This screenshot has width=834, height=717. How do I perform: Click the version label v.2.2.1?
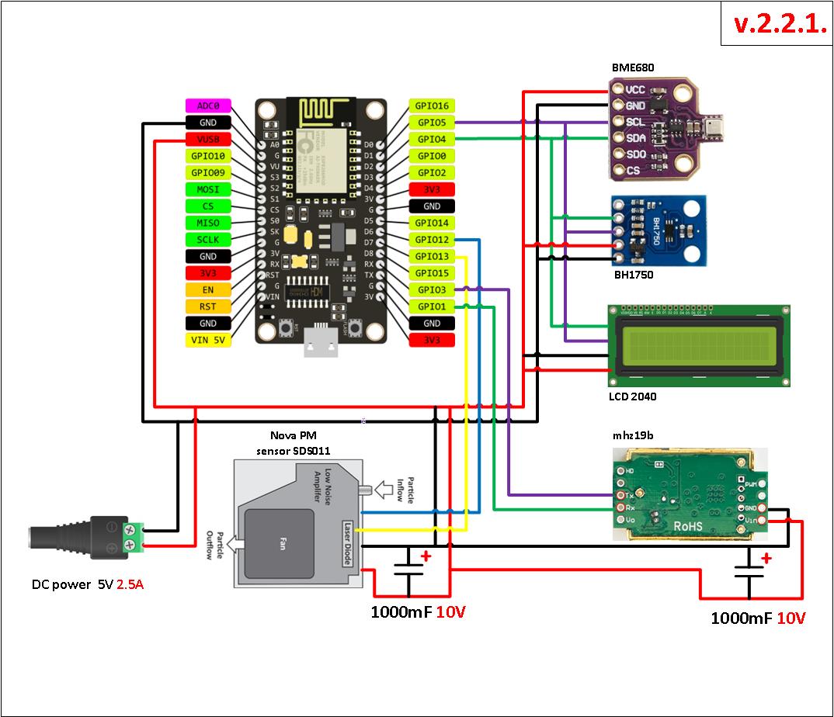coord(778,24)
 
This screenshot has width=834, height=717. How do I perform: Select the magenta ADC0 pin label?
coord(208,106)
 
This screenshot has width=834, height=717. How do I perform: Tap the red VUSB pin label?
coord(208,140)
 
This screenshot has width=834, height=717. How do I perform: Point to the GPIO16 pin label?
coord(432,106)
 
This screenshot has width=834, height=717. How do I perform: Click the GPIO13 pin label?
coord(432,257)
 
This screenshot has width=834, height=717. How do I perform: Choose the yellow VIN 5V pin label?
coord(208,340)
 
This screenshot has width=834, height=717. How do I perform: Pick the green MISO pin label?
coord(208,223)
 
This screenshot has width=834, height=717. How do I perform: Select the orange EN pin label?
coord(208,289)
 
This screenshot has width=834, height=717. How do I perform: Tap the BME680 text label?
coord(633,68)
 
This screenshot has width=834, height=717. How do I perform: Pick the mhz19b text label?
coord(633,436)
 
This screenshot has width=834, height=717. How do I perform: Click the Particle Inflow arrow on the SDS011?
coord(384,490)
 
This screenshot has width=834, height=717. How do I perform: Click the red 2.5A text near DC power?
coord(130,584)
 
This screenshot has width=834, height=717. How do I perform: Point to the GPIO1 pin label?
coord(432,307)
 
